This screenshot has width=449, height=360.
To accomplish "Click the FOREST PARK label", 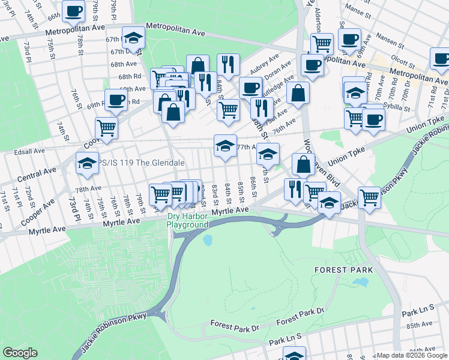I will coord(340,270).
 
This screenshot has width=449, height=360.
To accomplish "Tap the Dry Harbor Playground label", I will coord(188,220).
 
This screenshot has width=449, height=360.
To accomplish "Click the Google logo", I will coord(20,353).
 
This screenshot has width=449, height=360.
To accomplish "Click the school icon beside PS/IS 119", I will coord(87,162).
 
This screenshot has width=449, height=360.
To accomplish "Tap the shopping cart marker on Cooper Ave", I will coord(106,127).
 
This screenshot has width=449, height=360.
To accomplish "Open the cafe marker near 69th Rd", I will coord(116,99).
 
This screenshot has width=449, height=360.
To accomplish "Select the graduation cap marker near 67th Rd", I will coord(133,38).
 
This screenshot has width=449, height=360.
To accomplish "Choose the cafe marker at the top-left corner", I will coord(74,10).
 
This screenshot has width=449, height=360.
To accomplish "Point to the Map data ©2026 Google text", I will coord(412,355).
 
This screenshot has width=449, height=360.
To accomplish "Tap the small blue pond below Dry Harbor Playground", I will coord(208,241).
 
